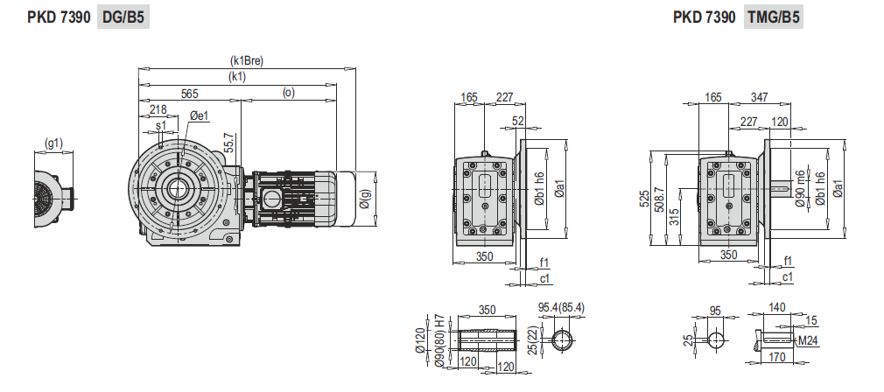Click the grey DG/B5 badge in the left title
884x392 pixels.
pos(123,17)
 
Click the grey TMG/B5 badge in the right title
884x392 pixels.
pos(774,17)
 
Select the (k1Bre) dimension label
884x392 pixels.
pos(247,61)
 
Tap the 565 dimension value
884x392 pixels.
pos(189,94)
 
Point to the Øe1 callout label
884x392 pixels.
pos(200,115)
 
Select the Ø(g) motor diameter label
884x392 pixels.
pos(366,199)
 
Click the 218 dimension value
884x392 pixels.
pos(158,109)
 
